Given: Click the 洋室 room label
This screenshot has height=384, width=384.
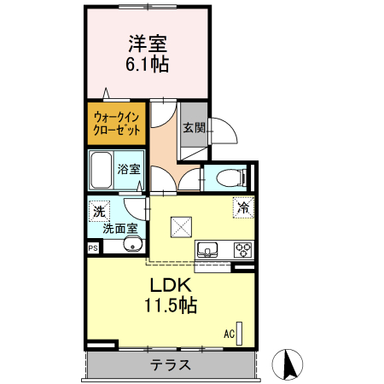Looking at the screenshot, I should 147,41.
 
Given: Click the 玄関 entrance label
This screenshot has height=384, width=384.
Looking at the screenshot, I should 193,129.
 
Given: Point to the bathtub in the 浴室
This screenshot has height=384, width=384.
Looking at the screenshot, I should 102,169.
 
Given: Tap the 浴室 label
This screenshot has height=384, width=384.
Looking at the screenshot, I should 129,169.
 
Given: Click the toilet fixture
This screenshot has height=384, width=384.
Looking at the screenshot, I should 226,178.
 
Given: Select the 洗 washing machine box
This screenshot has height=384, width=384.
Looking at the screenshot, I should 99,211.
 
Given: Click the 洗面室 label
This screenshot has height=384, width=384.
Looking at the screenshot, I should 119,228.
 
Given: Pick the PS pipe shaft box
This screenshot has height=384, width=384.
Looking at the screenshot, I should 92,247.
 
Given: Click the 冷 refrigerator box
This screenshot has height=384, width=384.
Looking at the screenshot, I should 243,207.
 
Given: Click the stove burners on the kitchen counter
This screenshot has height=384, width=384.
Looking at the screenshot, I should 242,250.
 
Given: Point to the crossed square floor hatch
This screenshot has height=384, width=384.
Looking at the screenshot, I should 182,226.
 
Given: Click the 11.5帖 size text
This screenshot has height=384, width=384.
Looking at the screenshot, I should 170,305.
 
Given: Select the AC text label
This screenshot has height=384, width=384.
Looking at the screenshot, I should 229,334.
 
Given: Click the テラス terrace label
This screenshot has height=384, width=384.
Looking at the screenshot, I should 171,365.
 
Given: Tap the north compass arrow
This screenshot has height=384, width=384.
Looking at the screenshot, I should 288,365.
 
